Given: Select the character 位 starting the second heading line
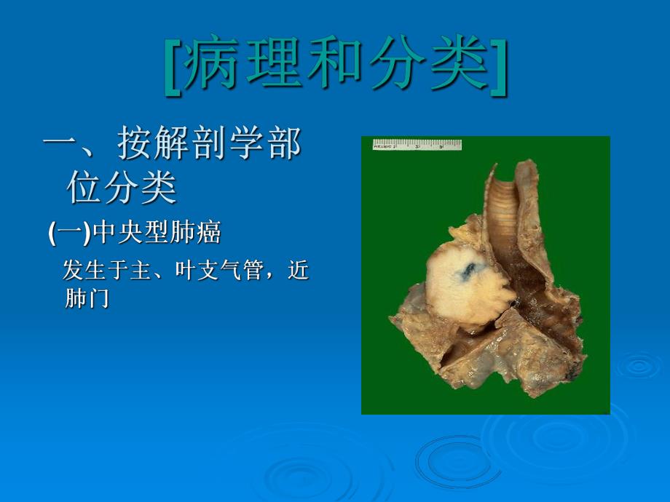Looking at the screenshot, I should (x=84, y=188).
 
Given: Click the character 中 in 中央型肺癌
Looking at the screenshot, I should (x=106, y=234).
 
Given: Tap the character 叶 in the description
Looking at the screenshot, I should (x=185, y=271).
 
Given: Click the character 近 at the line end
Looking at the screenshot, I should (x=299, y=271).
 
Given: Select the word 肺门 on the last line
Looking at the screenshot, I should (x=87, y=298).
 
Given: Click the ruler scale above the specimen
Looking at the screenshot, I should (x=417, y=145).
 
